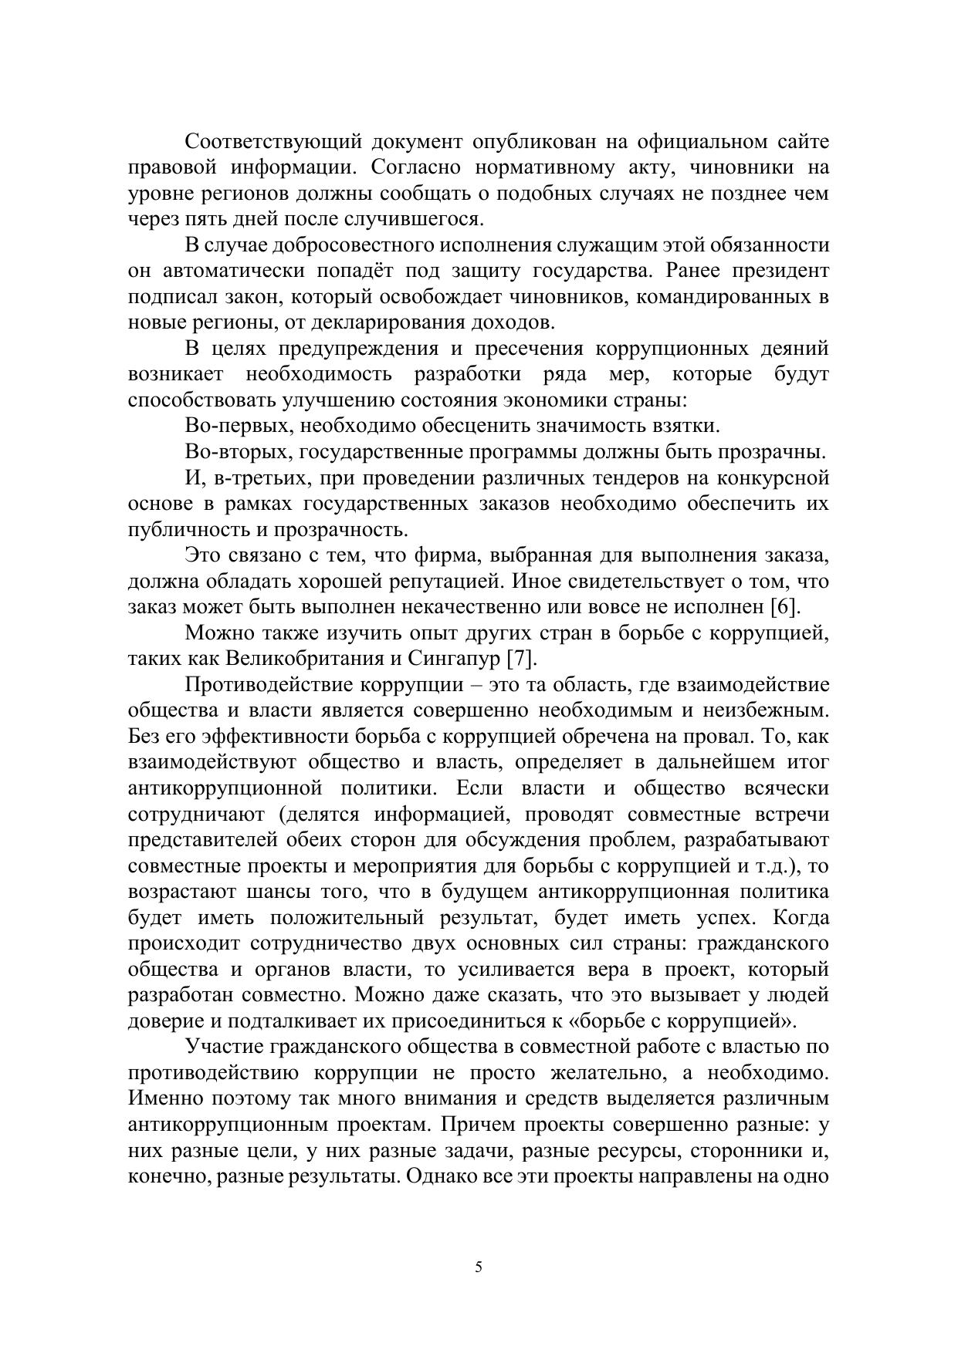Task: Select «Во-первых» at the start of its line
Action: click(x=239, y=426)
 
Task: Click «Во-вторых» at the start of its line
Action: click(x=239, y=452)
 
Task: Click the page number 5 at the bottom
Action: click(x=479, y=1267)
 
